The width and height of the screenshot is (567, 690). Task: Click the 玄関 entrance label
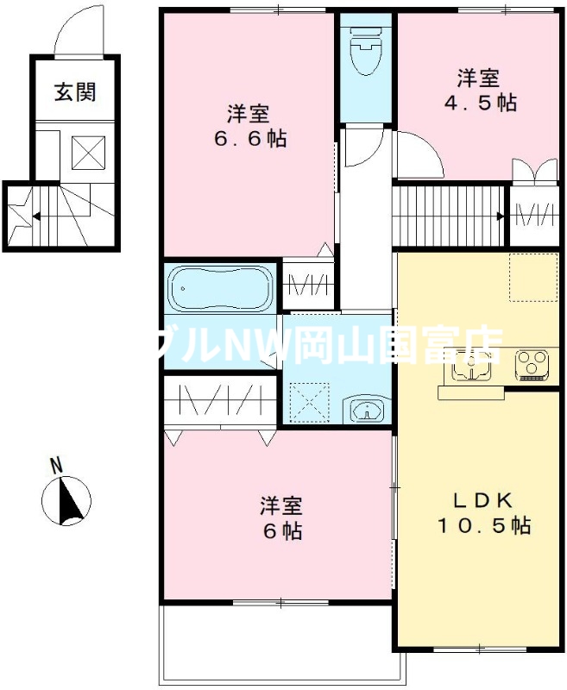74,92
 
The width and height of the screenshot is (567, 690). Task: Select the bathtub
220,288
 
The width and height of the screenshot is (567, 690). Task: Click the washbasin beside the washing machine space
366,409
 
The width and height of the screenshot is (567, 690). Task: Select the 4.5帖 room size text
487,102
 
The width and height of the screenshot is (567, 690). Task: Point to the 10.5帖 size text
481,524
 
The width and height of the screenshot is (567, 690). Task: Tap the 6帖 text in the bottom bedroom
282,531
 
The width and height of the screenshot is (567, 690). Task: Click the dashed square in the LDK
532,278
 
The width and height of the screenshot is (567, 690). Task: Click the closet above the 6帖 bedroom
219,402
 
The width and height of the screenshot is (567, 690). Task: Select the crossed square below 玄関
86,153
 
